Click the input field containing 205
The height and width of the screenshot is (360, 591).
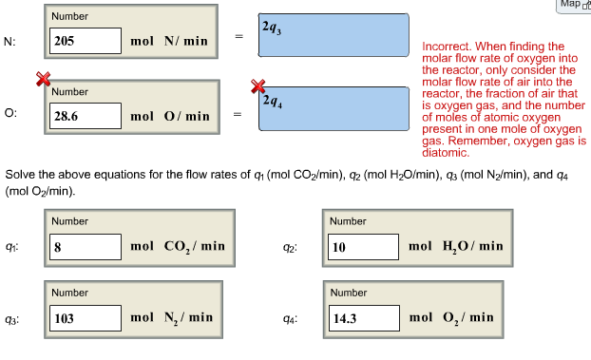pyautogui.click(x=86, y=42)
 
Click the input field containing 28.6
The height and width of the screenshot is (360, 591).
pyautogui.click(x=86, y=117)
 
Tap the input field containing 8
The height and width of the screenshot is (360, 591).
pyautogui.click(x=86, y=246)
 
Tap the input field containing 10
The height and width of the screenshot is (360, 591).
pyautogui.click(x=363, y=247)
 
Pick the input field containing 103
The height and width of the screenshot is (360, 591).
pyautogui.click(x=86, y=318)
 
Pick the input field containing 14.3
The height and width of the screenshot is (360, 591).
pyautogui.click(x=363, y=318)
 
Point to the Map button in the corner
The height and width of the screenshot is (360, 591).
pyautogui.click(x=573, y=5)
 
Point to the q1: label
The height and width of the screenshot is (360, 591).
pyautogui.click(x=10, y=247)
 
